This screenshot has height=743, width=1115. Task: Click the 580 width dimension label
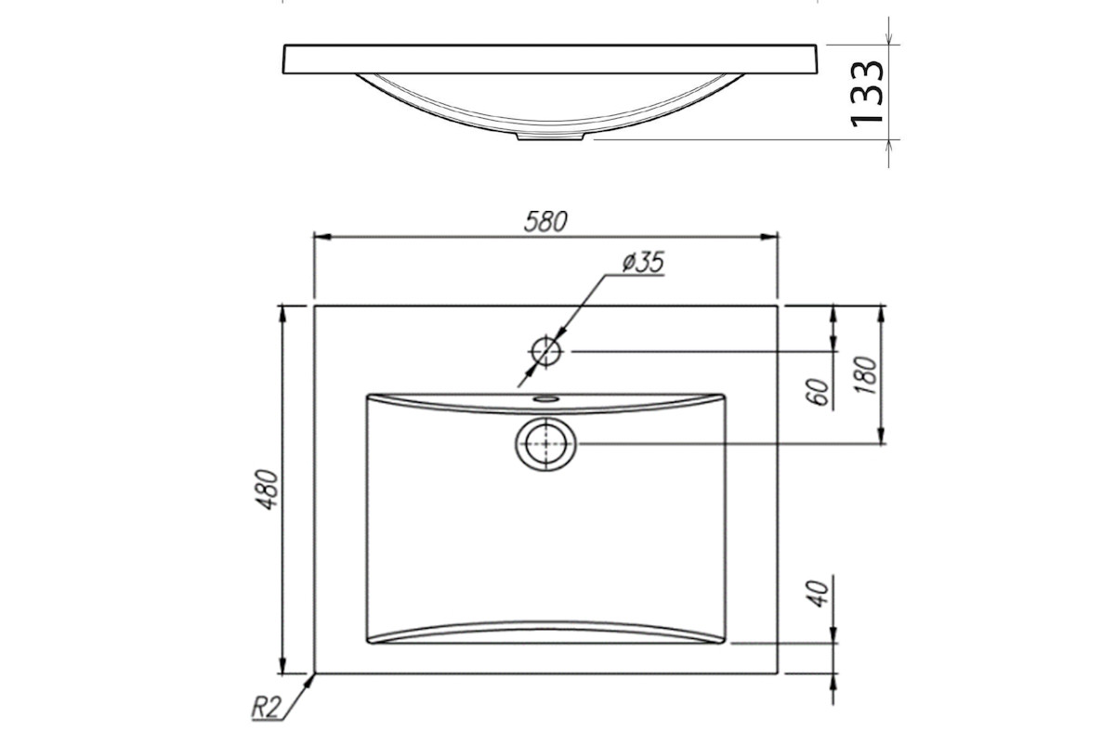[545, 222]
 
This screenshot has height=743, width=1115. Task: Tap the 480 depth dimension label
[269, 489]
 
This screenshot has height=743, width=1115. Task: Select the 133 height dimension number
[866, 93]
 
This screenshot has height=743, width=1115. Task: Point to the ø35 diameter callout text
[643, 262]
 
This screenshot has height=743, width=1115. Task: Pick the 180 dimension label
[866, 375]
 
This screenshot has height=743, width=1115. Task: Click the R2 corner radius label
[267, 707]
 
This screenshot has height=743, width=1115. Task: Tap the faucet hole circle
[546, 351]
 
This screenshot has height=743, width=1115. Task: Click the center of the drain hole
[546, 443]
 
